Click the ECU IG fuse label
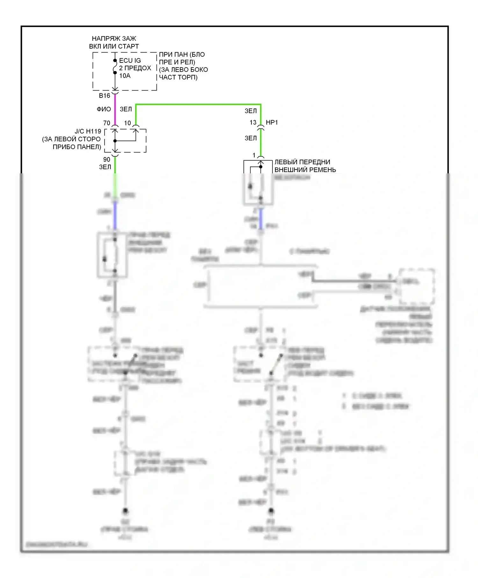pyautogui.click(x=130, y=61)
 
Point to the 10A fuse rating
pyautogui.click(x=125, y=76)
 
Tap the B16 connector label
pyautogui.click(x=105, y=96)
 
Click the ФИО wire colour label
pyautogui.click(x=104, y=109)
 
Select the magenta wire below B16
pyautogui.click(x=115, y=110)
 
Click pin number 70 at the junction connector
pyautogui.click(x=107, y=123)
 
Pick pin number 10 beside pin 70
pyautogui.click(x=127, y=123)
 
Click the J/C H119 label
pyautogui.click(x=88, y=131)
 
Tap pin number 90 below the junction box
pyautogui.click(x=107, y=159)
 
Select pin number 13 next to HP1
pyautogui.click(x=253, y=122)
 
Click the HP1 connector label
pyautogui.click(x=272, y=122)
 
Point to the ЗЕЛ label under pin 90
pyautogui.click(x=105, y=167)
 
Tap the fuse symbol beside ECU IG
pyautogui.click(x=115, y=67)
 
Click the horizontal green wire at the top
pyautogui.click(x=198, y=104)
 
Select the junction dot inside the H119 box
pyautogui.click(x=115, y=141)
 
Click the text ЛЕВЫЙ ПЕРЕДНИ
pyautogui.click(x=302, y=162)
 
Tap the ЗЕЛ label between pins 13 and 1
pyautogui.click(x=251, y=138)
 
